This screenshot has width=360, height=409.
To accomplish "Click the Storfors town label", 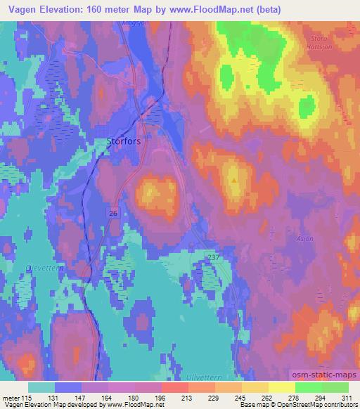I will click(x=123, y=141).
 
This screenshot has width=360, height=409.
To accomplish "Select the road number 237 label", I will click(x=214, y=258).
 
